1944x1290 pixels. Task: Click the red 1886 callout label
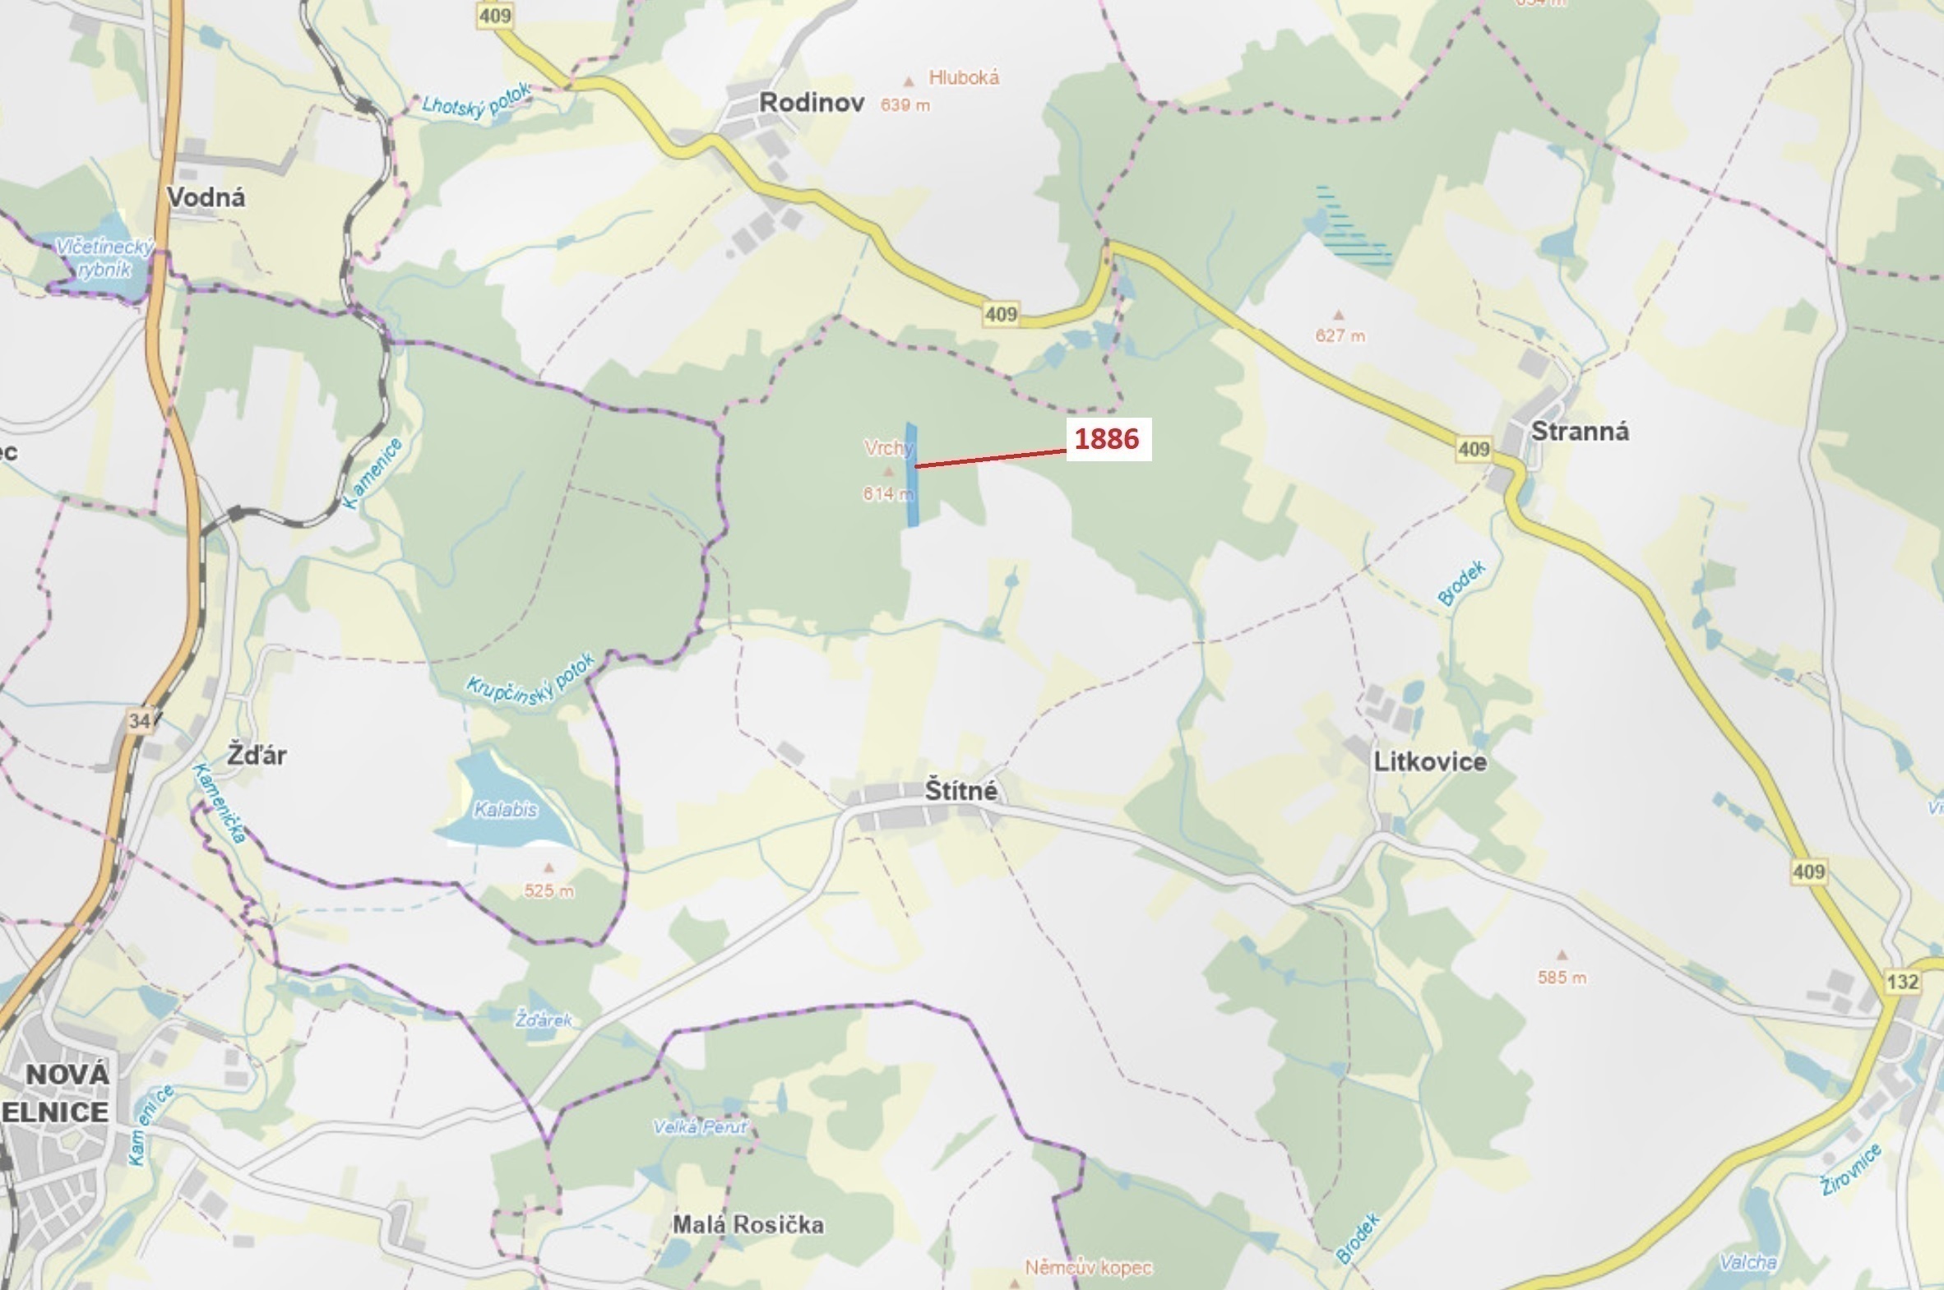[x=1108, y=439]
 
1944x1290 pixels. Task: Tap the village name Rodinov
[x=811, y=103]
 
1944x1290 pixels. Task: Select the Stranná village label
[x=1580, y=431]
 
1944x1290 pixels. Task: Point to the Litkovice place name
[x=1431, y=762]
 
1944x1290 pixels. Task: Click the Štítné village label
[x=960, y=791]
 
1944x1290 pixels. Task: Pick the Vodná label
[x=206, y=197]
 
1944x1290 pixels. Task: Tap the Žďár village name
[x=257, y=756]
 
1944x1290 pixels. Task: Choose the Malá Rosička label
[x=748, y=1224]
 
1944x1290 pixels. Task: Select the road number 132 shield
[x=1903, y=982]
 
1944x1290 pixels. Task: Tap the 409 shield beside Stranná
[x=1473, y=448]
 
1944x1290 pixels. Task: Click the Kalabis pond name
[x=505, y=810]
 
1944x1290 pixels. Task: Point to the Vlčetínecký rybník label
[x=104, y=257]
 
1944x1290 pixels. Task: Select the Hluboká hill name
[x=963, y=77]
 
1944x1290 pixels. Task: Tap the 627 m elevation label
[x=1340, y=335]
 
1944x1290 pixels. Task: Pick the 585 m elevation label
[x=1562, y=978]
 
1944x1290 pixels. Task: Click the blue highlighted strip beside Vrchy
[x=911, y=475]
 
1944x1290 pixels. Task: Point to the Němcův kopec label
[x=1088, y=1268]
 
